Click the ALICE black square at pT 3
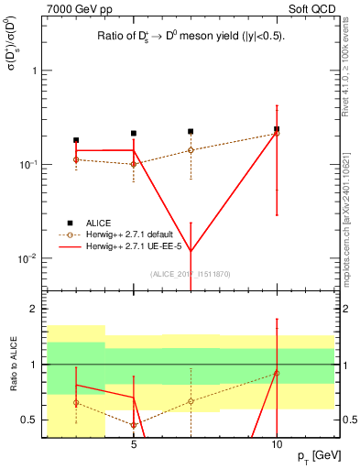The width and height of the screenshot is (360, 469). pyautogui.click(x=76, y=140)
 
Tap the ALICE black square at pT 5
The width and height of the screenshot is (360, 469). pyautogui.click(x=134, y=134)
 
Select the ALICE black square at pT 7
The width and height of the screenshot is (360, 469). pyautogui.click(x=191, y=132)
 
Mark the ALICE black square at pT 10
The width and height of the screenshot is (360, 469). pyautogui.click(x=277, y=129)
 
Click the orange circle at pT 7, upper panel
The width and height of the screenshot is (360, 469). pyautogui.click(x=191, y=150)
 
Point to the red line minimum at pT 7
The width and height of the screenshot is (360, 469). pyautogui.click(x=191, y=253)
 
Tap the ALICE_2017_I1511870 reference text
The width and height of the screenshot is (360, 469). pyautogui.click(x=191, y=275)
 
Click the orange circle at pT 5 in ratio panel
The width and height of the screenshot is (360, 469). pyautogui.click(x=134, y=425)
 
